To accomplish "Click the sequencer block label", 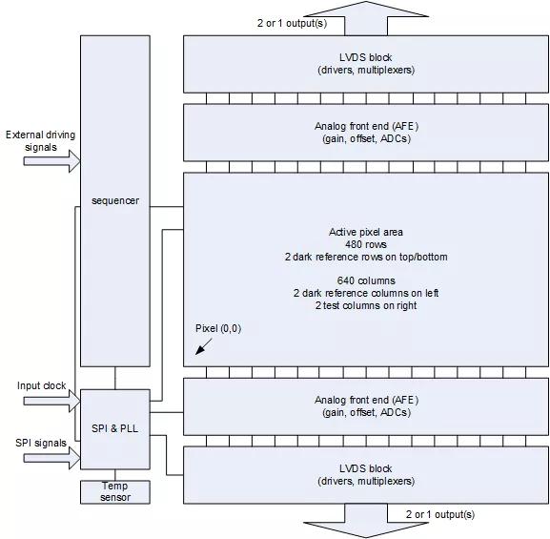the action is click(115, 201).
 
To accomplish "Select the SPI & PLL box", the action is click(115, 429).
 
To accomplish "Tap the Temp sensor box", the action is click(115, 492).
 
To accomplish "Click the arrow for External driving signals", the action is click(51, 161).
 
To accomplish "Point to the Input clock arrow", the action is click(51, 401).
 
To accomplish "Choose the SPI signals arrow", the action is click(51, 458).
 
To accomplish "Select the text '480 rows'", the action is click(366, 244).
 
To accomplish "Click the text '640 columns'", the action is click(366, 280).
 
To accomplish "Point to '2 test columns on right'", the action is click(366, 305).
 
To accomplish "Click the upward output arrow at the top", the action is click(366, 17).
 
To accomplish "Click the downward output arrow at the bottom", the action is click(366, 521).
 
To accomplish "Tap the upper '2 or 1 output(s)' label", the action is click(292, 24).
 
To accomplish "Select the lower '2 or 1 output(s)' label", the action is click(440, 514).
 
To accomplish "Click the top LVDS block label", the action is click(366, 64).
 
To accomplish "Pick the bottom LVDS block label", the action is click(366, 475).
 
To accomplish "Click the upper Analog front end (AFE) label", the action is click(366, 133).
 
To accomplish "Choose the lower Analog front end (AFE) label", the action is click(366, 405).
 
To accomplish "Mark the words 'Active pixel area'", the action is click(366, 232).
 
